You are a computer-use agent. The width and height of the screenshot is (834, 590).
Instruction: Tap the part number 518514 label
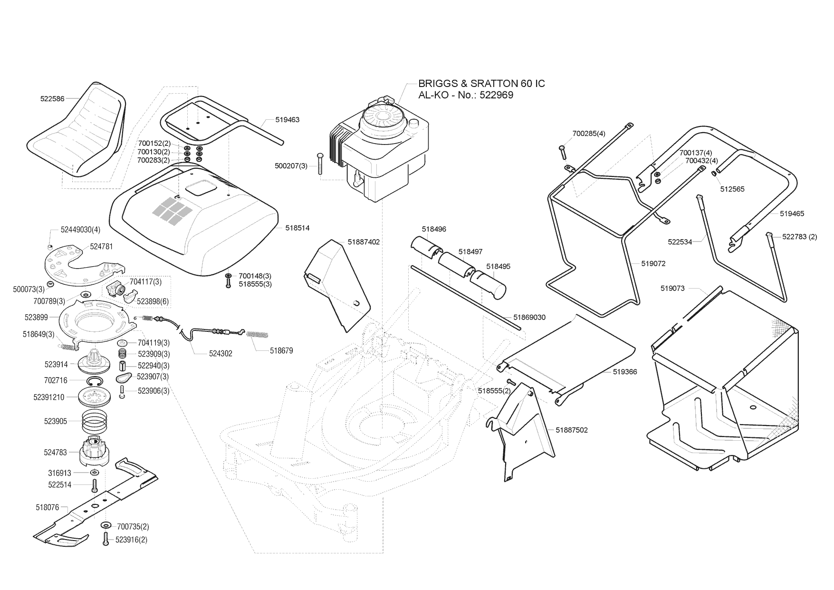297,228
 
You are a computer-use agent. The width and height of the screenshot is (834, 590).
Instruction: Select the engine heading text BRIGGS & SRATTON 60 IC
481,84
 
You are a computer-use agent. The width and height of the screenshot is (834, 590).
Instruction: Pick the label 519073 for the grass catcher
672,289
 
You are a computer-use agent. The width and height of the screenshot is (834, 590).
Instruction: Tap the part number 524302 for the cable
220,354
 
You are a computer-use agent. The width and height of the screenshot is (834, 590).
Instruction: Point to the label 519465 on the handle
792,214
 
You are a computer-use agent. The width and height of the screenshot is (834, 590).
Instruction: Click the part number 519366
625,372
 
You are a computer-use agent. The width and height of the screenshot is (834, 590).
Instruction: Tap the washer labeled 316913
95,473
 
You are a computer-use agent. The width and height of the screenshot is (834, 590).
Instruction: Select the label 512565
732,189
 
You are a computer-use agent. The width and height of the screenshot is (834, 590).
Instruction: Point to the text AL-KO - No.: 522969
466,95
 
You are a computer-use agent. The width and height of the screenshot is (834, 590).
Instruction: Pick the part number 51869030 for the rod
529,317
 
